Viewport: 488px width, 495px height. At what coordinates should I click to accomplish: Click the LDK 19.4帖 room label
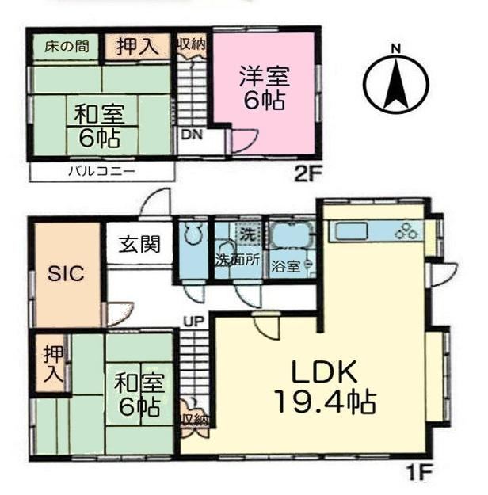[325, 387]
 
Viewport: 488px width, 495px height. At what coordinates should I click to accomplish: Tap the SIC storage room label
[66, 273]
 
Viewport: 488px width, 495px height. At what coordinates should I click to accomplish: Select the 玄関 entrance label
[139, 244]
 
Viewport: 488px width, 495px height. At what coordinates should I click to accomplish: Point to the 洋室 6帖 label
[265, 88]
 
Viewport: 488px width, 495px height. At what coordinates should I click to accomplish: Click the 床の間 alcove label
[67, 47]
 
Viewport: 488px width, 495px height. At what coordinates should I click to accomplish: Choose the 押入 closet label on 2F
[137, 47]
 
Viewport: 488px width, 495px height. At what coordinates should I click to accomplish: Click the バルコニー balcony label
[101, 172]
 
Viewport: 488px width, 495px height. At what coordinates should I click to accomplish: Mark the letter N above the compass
[395, 49]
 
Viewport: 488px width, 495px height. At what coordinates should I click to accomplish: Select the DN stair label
[192, 135]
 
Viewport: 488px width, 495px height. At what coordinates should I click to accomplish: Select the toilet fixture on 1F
[193, 233]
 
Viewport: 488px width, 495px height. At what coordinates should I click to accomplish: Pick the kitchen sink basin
[352, 231]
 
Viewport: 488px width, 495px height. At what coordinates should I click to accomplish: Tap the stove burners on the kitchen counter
[406, 231]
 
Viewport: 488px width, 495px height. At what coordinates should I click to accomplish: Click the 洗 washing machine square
[249, 234]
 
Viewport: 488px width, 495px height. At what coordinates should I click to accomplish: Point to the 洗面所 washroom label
[238, 261]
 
